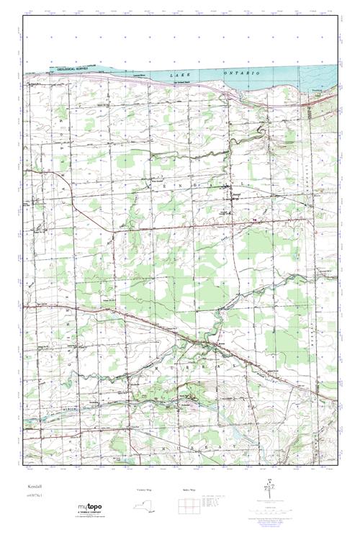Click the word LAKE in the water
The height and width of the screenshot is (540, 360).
pos(178,75)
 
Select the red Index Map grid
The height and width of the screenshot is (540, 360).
pos(188,505)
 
